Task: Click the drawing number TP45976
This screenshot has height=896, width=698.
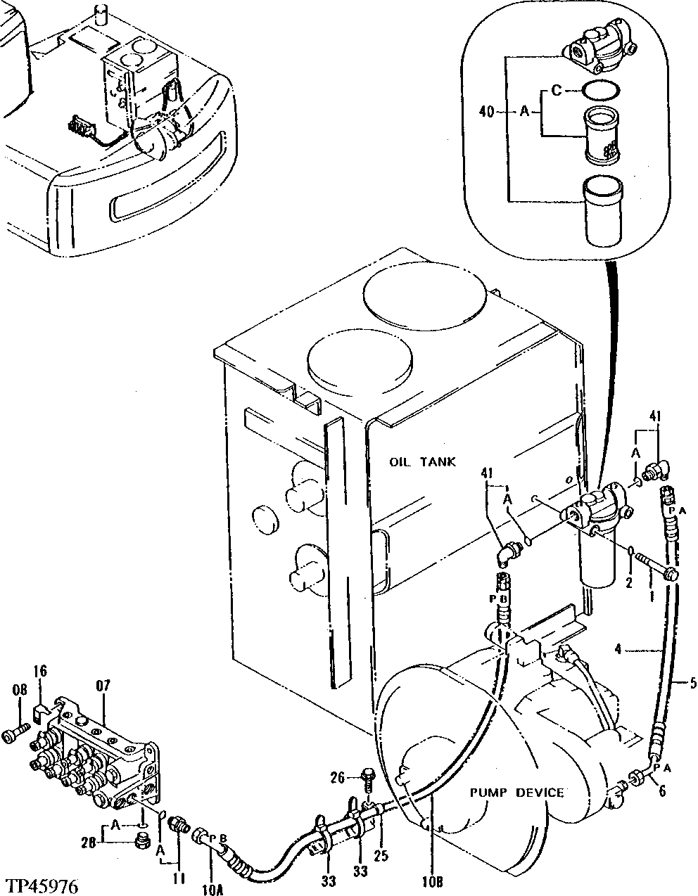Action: pyautogui.click(x=41, y=884)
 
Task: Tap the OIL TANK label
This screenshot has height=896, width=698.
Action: pyautogui.click(x=422, y=462)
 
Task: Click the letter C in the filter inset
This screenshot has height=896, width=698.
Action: pyautogui.click(x=555, y=90)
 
